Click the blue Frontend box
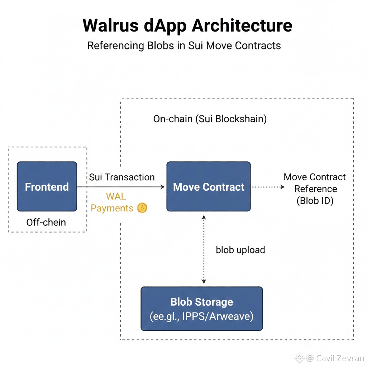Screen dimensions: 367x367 (47, 186)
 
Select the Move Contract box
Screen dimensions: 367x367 (209, 186)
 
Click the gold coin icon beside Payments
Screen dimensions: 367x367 (142, 208)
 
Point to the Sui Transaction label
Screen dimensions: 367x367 (122, 177)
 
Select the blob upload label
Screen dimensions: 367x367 (240, 250)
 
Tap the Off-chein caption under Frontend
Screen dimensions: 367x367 (46, 222)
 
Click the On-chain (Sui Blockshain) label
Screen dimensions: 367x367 (210, 119)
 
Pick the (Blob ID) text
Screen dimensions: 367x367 (315, 201)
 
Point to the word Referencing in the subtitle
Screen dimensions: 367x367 (115, 46)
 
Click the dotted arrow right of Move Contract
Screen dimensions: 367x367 (267, 187)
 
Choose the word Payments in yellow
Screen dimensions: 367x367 (112, 208)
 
